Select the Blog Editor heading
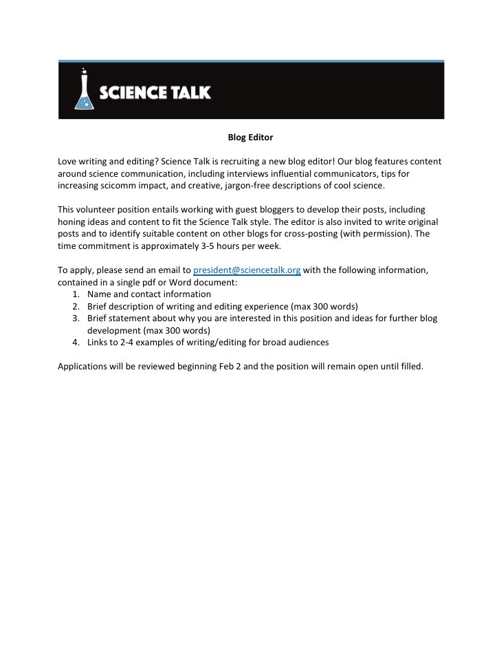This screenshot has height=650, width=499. [x=250, y=138]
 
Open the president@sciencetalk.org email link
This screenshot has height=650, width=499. [x=247, y=270]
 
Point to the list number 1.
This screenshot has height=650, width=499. [x=75, y=294]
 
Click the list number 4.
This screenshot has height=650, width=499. [x=75, y=342]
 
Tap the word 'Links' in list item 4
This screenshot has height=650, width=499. [x=99, y=342]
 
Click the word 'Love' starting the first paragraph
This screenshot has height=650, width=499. [x=67, y=162]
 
